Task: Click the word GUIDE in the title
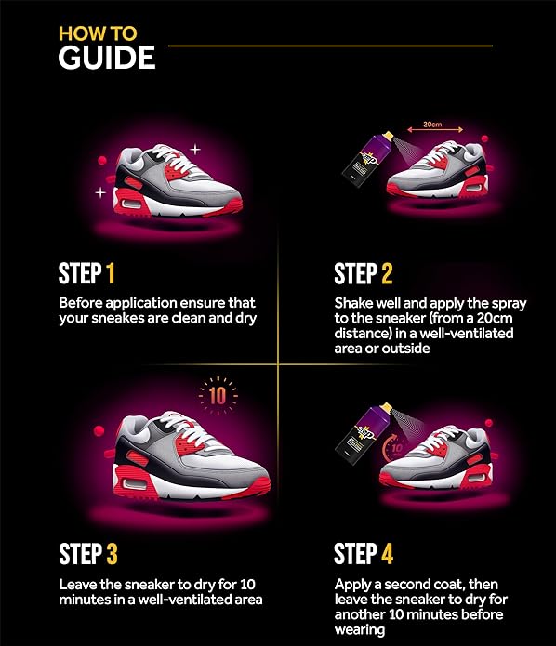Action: (106, 57)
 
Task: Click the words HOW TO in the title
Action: (97, 33)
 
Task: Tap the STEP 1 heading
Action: (86, 274)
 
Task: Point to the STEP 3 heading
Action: (87, 554)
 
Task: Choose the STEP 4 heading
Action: (363, 554)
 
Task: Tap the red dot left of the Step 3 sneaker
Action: (99, 431)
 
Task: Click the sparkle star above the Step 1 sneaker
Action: (195, 148)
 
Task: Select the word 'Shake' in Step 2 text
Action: (354, 303)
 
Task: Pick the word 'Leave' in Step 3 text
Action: (79, 585)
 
